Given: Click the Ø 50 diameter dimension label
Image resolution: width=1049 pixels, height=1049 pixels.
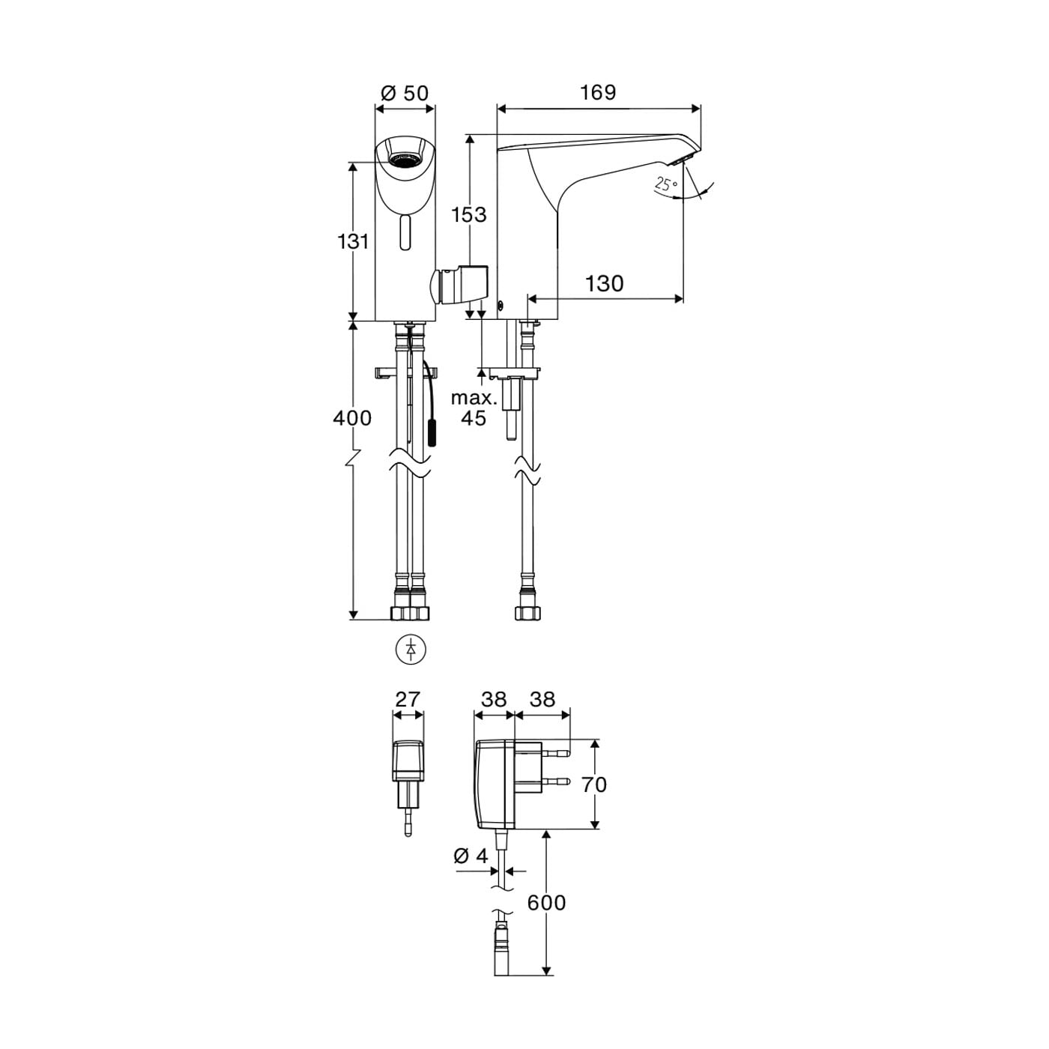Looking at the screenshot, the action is click(405, 93).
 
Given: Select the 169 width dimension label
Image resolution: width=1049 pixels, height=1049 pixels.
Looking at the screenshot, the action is click(598, 93).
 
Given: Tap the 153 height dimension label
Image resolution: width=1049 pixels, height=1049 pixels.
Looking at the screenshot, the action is click(469, 214).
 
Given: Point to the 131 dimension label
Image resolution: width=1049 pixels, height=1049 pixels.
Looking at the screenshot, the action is click(354, 241).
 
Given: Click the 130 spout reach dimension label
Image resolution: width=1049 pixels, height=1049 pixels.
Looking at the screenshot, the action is click(604, 284).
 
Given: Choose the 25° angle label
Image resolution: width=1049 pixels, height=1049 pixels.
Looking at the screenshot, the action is click(666, 184).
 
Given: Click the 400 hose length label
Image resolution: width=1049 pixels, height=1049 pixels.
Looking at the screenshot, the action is click(352, 418).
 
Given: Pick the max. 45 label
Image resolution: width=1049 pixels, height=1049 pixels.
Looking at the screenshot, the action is click(474, 408).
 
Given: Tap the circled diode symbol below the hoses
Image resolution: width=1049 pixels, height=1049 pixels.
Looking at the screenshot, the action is click(411, 650).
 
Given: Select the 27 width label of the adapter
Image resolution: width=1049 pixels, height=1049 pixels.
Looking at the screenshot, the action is click(408, 699).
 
